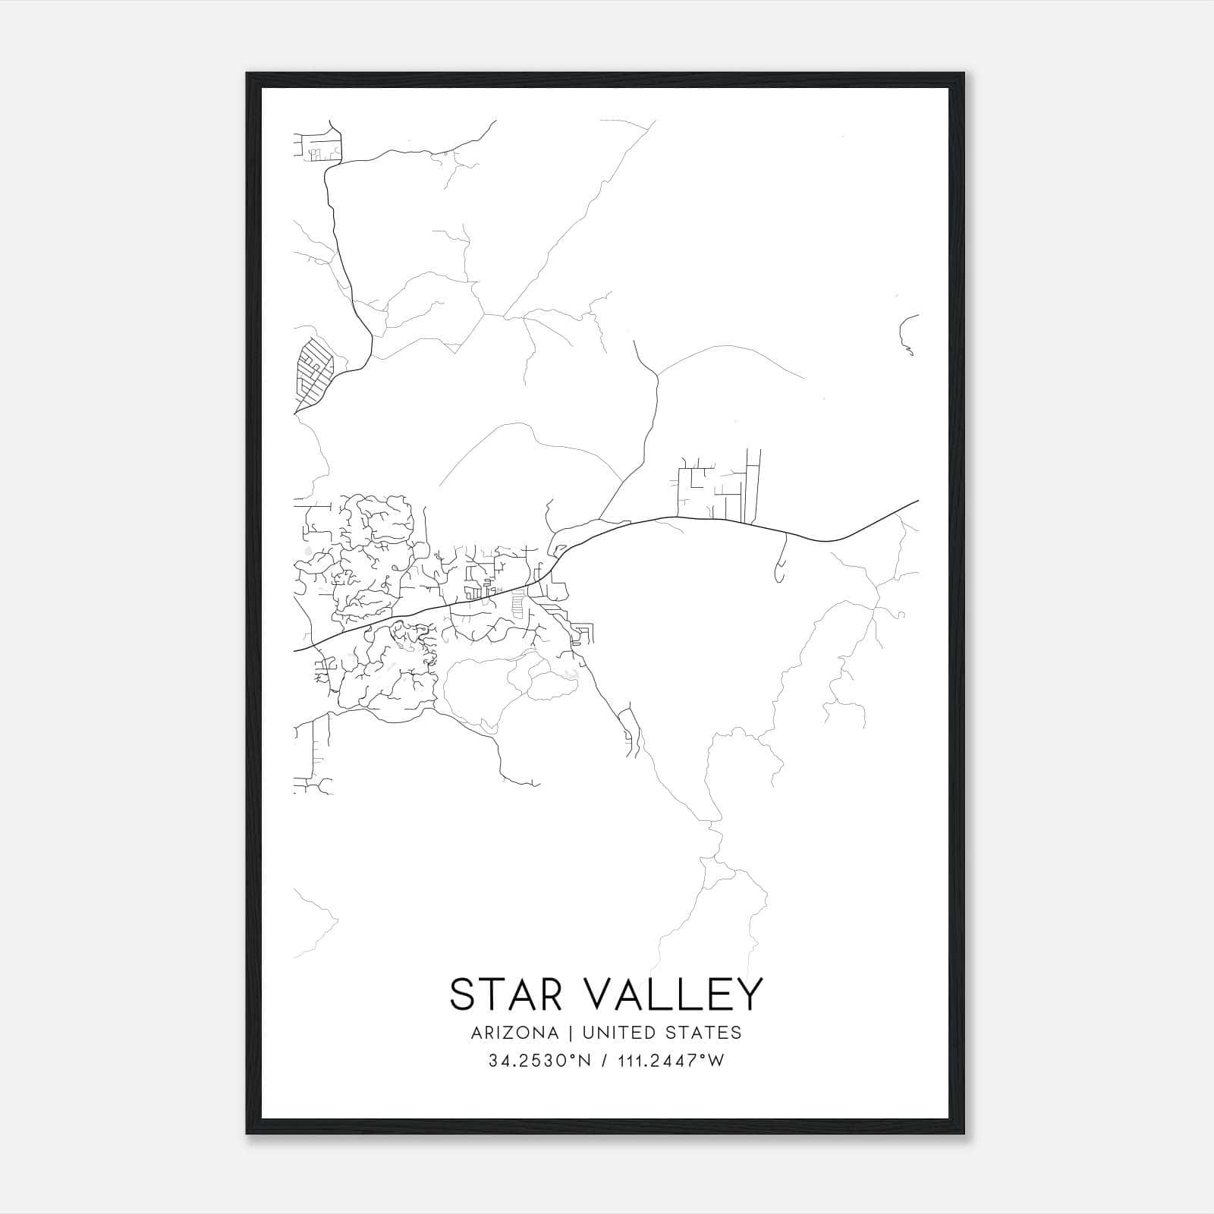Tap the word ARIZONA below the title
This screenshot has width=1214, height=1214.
[514, 1033]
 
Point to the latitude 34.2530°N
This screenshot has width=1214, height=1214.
[539, 1061]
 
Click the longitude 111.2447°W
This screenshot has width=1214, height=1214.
[669, 1061]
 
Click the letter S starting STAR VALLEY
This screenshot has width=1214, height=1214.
[463, 995]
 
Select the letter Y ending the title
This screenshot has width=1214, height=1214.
[747, 995]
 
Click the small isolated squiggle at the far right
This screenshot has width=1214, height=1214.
[908, 335]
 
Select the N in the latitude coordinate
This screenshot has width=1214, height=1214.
[584, 1061]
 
